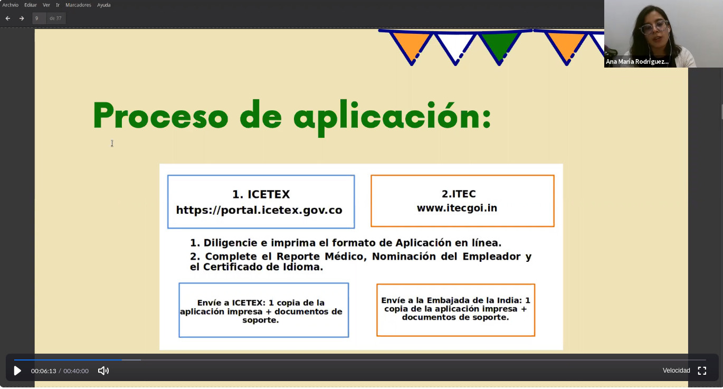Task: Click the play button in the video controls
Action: [x=17, y=371]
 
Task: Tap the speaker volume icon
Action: [x=103, y=371]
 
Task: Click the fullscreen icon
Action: [x=702, y=371]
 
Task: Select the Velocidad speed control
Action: [x=676, y=371]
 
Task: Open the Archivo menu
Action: [x=11, y=5]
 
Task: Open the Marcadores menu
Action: [x=78, y=5]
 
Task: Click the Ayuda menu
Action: [x=103, y=5]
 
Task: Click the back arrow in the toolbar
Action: [x=8, y=18]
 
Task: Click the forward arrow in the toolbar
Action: [x=22, y=18]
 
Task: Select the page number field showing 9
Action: [x=39, y=18]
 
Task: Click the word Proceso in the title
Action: [x=160, y=115]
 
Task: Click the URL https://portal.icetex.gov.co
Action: [x=259, y=210]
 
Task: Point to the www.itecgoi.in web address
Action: [x=456, y=207]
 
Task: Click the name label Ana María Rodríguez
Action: [x=637, y=61]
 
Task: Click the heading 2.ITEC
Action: [x=459, y=194]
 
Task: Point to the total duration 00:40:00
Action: [x=76, y=371]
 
